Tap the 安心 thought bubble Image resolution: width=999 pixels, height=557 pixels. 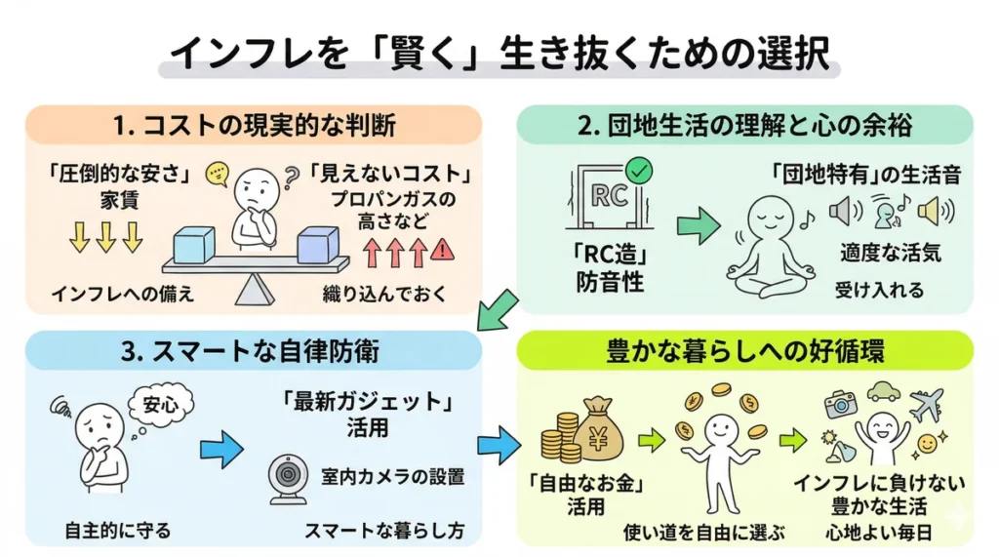161,404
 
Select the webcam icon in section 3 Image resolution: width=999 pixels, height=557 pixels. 289,480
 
